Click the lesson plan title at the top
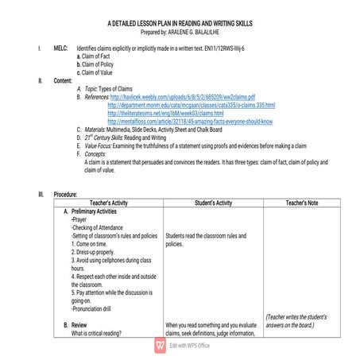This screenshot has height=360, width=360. pyautogui.click(x=179, y=25)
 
